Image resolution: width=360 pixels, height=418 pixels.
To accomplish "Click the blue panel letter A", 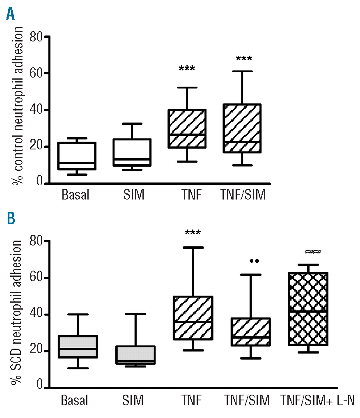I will [x=10, y=14].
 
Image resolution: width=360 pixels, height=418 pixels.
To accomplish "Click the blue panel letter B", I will [x=11, y=218].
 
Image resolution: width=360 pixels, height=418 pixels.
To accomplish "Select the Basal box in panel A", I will [x=77, y=156].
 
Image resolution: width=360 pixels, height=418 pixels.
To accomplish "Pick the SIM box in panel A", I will [x=132, y=152].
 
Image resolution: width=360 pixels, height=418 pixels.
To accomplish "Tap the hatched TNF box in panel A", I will [x=187, y=129].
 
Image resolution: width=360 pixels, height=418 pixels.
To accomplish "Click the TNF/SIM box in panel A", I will [x=242, y=128].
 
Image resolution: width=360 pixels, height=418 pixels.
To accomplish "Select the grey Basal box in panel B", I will [x=78, y=346].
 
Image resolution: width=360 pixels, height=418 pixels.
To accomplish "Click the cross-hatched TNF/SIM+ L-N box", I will [x=308, y=309].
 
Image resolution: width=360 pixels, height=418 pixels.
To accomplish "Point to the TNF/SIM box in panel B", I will [x=251, y=332].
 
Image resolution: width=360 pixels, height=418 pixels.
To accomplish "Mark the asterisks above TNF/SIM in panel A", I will [x=244, y=59].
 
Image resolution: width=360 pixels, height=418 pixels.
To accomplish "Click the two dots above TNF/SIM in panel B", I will [x=254, y=261].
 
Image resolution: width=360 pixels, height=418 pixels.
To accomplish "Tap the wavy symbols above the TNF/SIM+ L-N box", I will [x=313, y=252].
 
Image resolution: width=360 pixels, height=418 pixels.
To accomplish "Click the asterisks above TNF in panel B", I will [x=193, y=233].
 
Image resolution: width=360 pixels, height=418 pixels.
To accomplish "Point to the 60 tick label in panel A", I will [x=36, y=73].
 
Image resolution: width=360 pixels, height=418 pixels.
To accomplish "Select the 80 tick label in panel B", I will [x=36, y=241].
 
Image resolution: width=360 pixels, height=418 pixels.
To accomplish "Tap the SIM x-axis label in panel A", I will [x=134, y=195].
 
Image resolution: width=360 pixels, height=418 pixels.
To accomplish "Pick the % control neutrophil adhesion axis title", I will [x=18, y=106].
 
